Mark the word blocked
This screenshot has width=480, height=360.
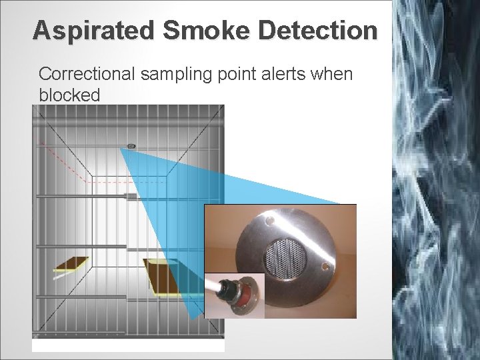pyautogui.click(x=69, y=95)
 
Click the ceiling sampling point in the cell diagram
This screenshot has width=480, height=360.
pyautogui.click(x=131, y=146)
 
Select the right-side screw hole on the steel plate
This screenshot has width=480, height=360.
pyautogui.click(x=326, y=265)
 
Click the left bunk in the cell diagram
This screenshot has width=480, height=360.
pyautogui.click(x=71, y=264)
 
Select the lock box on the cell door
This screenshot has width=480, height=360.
pyautogui.click(x=131, y=197)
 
